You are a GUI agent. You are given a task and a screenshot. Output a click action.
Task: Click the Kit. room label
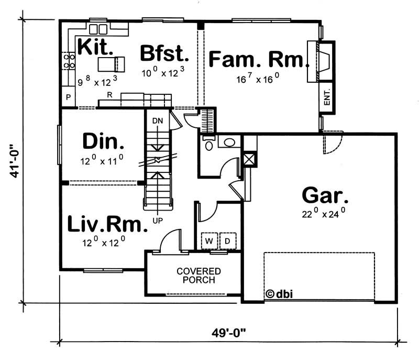95,47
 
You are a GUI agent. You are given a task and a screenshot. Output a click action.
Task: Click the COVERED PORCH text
199,275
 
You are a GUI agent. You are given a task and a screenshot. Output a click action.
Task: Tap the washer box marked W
210,240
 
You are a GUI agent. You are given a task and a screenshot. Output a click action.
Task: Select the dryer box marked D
228,240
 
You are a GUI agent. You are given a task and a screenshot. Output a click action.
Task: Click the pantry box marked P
68,97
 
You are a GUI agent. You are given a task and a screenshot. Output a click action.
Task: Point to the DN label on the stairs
158,121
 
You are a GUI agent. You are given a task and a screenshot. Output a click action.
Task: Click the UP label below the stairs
158,220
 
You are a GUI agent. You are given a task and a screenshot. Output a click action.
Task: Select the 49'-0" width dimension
228,332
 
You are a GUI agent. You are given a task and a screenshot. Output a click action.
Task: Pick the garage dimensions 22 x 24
324,213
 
